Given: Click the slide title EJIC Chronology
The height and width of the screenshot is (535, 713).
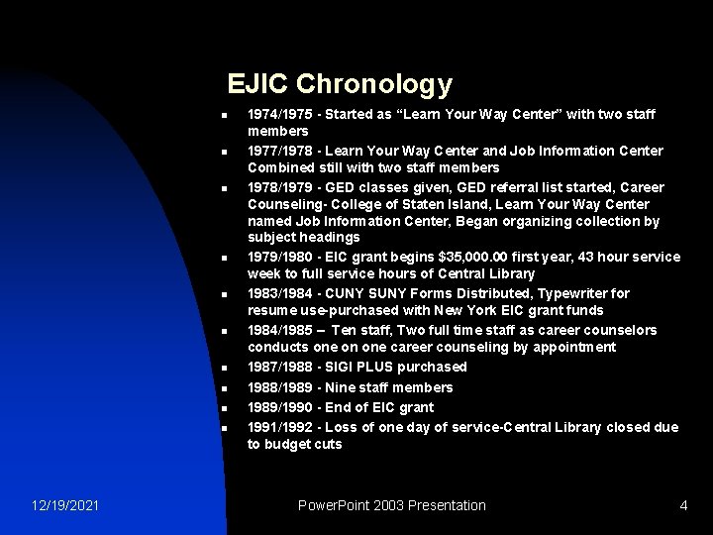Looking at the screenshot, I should (x=339, y=84).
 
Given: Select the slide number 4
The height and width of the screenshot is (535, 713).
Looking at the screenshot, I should (x=683, y=505).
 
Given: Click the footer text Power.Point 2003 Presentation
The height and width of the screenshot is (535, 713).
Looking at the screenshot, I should (x=392, y=505).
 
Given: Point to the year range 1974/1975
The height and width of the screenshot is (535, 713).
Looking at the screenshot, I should (x=280, y=115).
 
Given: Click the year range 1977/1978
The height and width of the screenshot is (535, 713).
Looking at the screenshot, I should (x=280, y=151).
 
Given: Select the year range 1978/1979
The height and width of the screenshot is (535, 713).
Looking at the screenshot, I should (x=280, y=187).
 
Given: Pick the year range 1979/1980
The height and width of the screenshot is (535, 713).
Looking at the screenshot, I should (x=280, y=257).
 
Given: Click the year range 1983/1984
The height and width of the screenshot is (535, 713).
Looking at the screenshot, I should (x=280, y=293).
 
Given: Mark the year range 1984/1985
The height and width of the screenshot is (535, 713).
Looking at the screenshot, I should (x=280, y=330).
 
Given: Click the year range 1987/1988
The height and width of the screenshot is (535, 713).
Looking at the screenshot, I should (x=280, y=367).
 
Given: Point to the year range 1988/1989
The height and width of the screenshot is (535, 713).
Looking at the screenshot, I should (x=280, y=387).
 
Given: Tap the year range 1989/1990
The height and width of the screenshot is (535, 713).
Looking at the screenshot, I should (x=280, y=407).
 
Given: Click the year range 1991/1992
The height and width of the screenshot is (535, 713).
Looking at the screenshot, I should (x=280, y=427).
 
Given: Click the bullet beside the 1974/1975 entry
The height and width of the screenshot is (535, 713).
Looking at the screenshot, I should (x=225, y=116).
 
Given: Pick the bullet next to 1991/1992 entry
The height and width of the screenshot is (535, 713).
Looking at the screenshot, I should (x=225, y=428).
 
